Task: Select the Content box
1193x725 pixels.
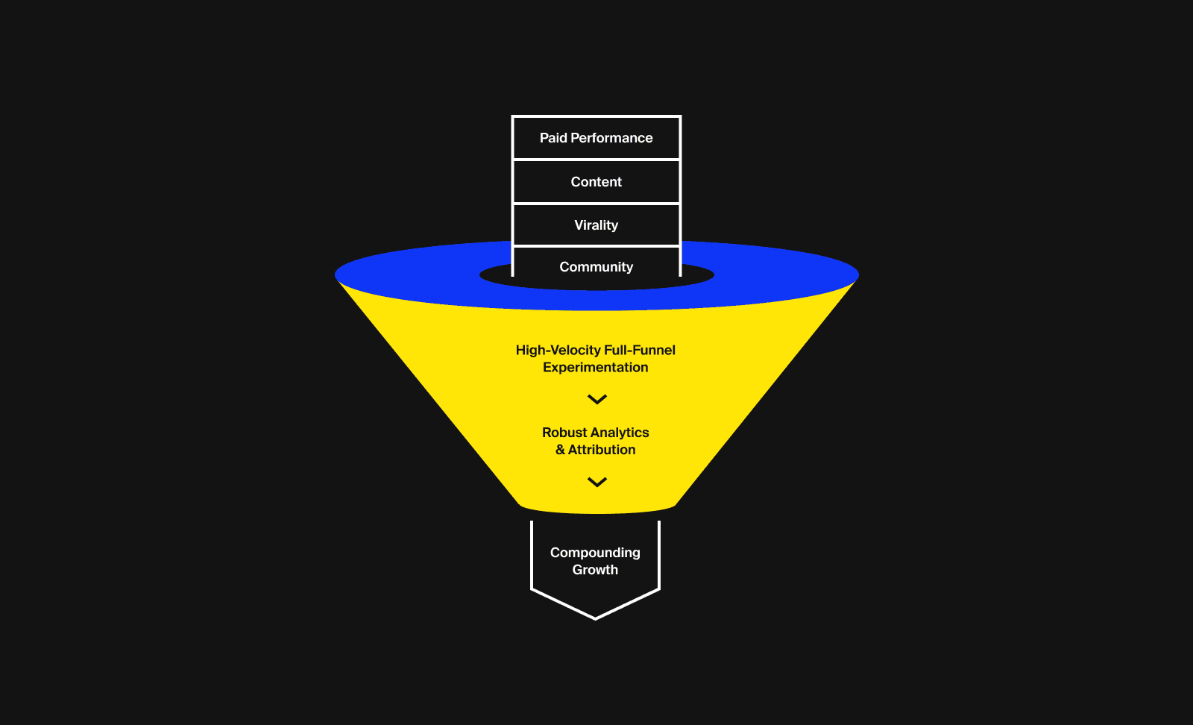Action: pos(596,182)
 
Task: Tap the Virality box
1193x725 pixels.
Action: pos(596,225)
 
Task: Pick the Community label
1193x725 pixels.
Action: pos(596,267)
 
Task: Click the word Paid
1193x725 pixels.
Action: pos(553,138)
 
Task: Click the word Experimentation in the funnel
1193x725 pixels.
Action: pos(596,368)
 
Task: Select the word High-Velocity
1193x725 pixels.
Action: pos(558,351)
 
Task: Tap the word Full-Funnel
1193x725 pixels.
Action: pos(640,351)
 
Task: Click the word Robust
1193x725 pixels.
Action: pos(564,433)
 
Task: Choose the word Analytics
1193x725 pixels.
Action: pos(620,433)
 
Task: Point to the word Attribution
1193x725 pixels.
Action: pos(602,450)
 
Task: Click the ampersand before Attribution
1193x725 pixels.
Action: pos(560,450)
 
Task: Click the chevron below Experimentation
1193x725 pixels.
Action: pos(597,400)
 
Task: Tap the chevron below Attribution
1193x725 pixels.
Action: pos(597,483)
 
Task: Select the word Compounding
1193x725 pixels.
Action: pos(595,553)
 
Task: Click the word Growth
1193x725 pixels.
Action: pos(595,570)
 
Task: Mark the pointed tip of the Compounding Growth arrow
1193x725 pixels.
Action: pos(595,618)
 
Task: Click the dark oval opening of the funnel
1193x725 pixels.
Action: pos(492,275)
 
